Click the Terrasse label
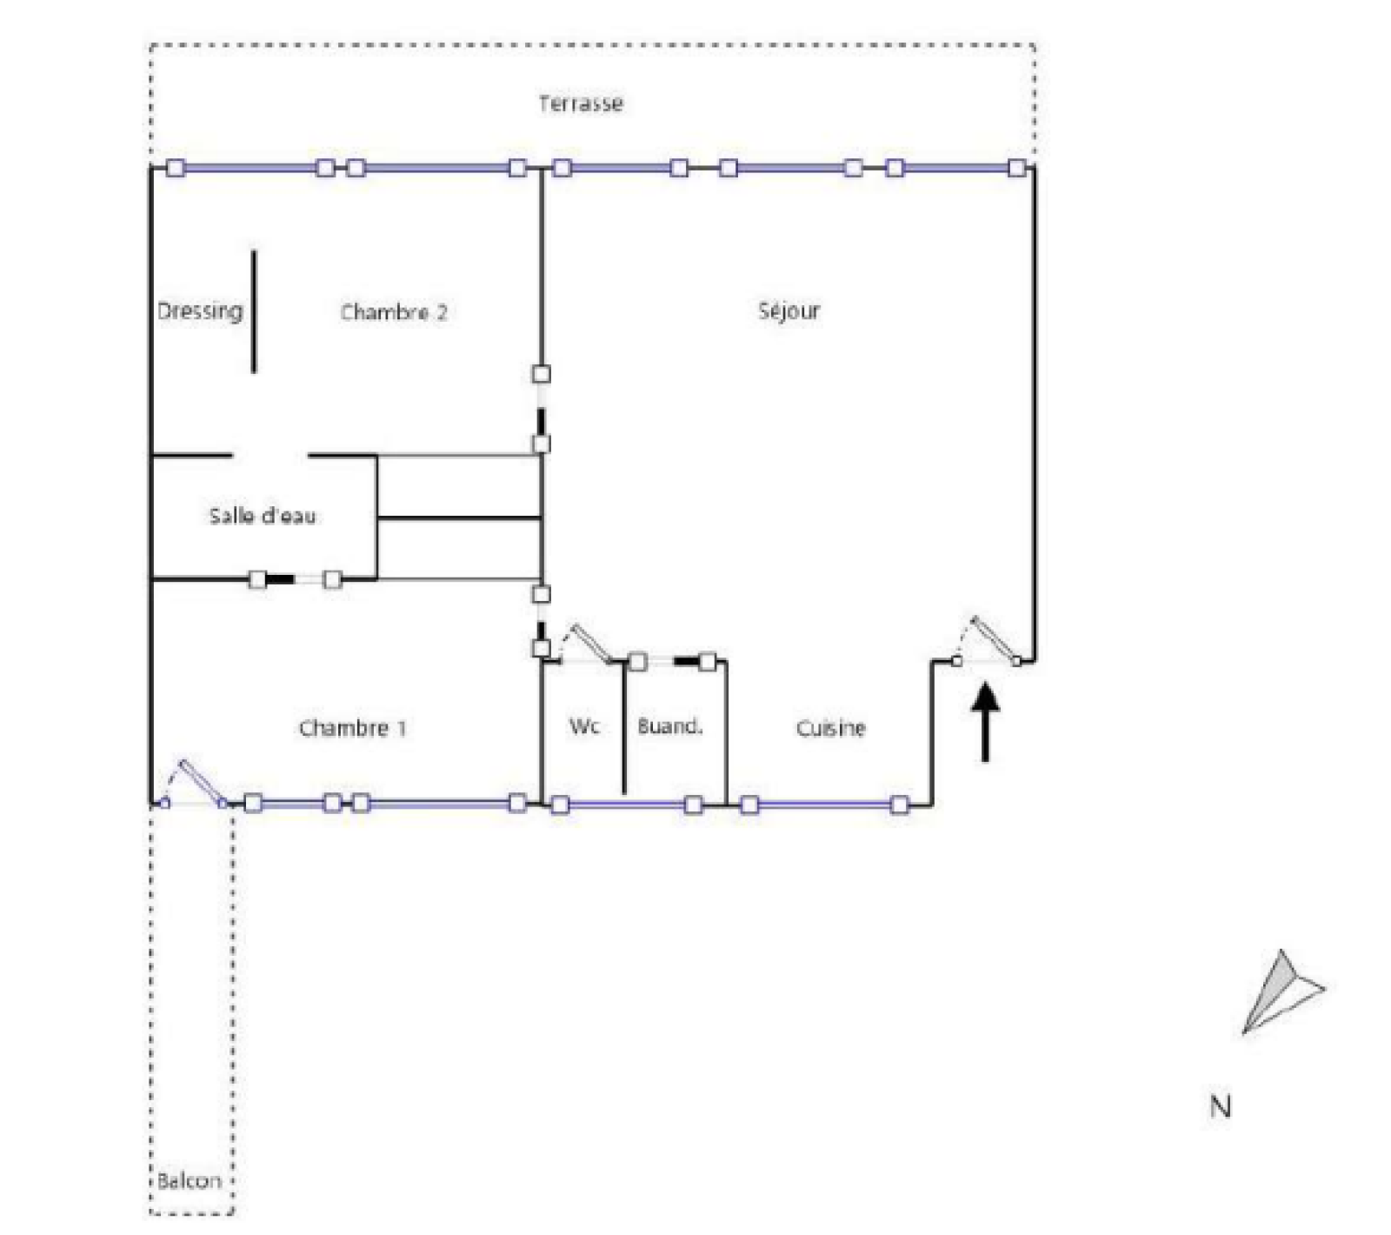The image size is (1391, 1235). pyautogui.click(x=580, y=104)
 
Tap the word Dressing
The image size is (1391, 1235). pyautogui.click(x=200, y=310)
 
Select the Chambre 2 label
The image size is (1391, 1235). pyautogui.click(x=394, y=312)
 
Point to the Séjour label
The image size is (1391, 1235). pyautogui.click(x=789, y=310)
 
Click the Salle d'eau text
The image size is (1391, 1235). pyautogui.click(x=262, y=516)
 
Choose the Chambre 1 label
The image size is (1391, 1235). pyautogui.click(x=352, y=728)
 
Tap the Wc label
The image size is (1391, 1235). pyautogui.click(x=584, y=725)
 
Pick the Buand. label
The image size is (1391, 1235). pyautogui.click(x=669, y=726)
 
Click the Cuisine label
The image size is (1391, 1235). pyautogui.click(x=830, y=728)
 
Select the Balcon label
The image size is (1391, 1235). pyautogui.click(x=190, y=1180)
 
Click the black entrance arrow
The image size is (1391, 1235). pyautogui.click(x=985, y=722)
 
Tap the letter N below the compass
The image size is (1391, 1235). pyautogui.click(x=1220, y=1106)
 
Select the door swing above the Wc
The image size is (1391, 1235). pyautogui.click(x=586, y=644)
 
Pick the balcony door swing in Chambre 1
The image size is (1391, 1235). pyautogui.click(x=195, y=783)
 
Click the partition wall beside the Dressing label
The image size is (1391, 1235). pyautogui.click(x=254, y=311)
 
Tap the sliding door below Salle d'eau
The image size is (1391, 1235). pyautogui.click(x=295, y=579)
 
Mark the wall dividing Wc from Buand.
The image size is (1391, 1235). pyautogui.click(x=624, y=727)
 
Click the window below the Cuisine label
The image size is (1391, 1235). pyautogui.click(x=824, y=804)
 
